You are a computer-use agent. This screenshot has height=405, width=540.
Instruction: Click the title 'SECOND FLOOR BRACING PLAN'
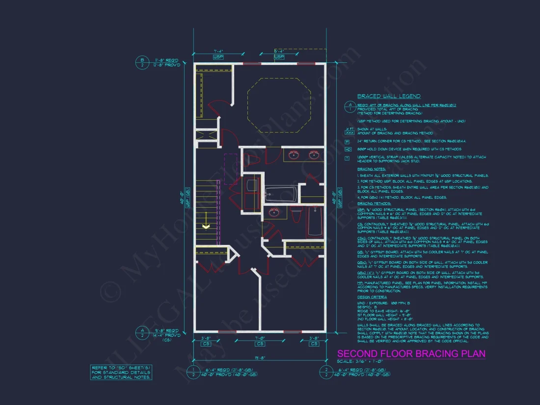tap(411, 354)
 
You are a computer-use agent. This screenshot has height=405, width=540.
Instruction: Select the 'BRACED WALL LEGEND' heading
tap(389, 96)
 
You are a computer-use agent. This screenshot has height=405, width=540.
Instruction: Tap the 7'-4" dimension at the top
tap(218, 51)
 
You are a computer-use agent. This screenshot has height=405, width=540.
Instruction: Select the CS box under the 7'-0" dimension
tap(260, 344)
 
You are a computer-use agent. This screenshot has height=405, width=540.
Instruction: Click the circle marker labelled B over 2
tap(142, 62)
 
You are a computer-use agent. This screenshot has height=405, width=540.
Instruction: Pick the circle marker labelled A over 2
tap(142, 333)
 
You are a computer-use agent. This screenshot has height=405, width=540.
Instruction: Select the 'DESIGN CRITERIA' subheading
tap(372, 297)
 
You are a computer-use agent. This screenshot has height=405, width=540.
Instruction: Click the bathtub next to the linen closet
tap(281, 194)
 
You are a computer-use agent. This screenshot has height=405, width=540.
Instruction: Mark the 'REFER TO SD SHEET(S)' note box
tap(121, 372)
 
